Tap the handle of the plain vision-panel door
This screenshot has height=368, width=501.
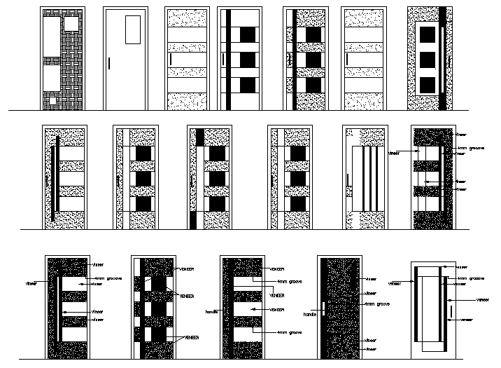110,63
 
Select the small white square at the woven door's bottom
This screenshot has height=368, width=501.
54,101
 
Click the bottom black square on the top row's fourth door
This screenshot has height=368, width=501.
248,85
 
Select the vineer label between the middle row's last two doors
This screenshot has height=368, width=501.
393,151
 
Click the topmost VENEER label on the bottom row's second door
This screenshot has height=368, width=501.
187,269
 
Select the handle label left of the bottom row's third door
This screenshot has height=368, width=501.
211,311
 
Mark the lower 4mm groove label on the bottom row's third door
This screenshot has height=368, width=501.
288,332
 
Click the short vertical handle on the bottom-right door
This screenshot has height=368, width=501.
451,311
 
